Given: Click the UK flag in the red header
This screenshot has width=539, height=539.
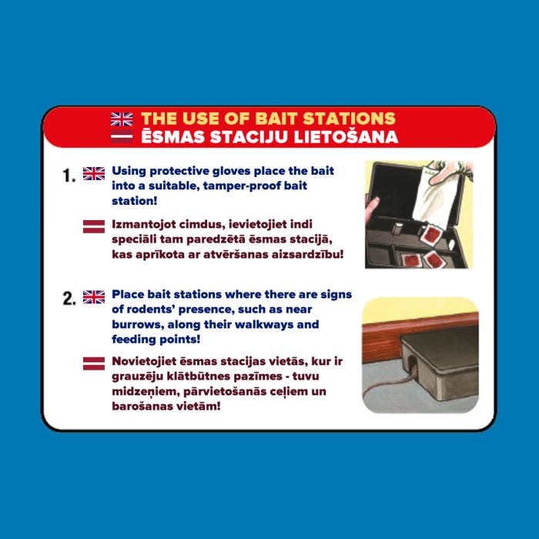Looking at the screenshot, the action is [x=122, y=119].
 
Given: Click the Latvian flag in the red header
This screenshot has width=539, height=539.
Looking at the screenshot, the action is [x=122, y=136].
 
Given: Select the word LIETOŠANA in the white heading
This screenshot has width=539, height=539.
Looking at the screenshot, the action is [x=346, y=136].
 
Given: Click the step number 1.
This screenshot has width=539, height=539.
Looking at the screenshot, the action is [x=69, y=176].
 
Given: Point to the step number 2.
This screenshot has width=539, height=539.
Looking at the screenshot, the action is [x=69, y=299].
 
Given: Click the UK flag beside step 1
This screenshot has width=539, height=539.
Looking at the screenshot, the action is [x=94, y=173].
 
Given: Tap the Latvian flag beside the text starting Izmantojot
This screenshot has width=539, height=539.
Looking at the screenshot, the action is [x=94, y=226].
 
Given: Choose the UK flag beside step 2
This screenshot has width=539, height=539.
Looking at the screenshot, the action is [x=94, y=297].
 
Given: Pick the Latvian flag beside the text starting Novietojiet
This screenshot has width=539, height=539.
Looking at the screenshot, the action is [x=94, y=363].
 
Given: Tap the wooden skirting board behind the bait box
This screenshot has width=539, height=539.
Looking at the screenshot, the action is [x=385, y=340].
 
